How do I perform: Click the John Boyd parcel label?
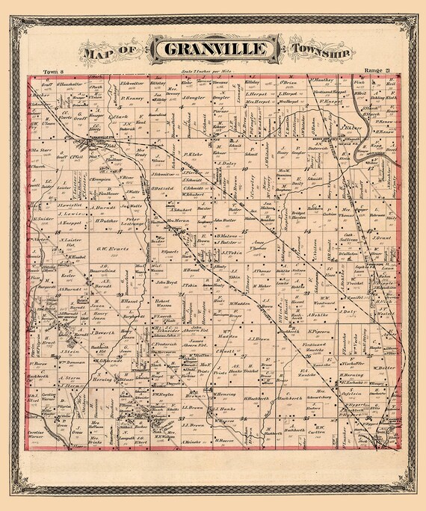[x=165, y=282]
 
